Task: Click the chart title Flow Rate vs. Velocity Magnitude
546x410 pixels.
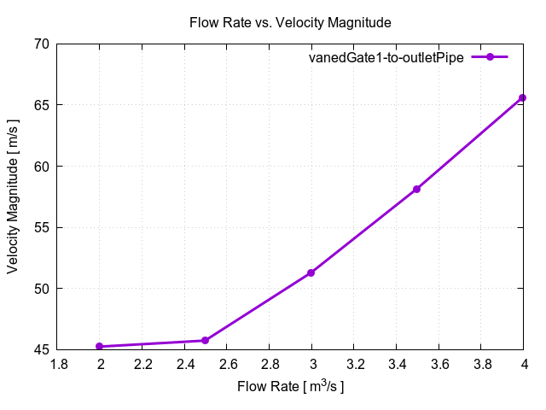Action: (290, 22)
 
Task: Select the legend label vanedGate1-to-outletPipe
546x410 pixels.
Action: (386, 58)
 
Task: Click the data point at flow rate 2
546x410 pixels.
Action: (100, 346)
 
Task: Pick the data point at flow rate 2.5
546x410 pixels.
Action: (206, 341)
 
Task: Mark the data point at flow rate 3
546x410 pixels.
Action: (311, 272)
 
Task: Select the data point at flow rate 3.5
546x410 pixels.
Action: (417, 189)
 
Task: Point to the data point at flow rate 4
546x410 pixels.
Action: (523, 98)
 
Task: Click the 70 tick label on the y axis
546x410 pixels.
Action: (40, 44)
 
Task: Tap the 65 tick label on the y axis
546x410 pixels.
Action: (40, 105)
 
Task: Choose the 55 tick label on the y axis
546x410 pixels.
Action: (40, 228)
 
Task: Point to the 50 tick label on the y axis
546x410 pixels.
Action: (40, 289)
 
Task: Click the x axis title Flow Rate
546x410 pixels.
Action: (290, 387)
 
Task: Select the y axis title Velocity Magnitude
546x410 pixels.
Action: (14, 196)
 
